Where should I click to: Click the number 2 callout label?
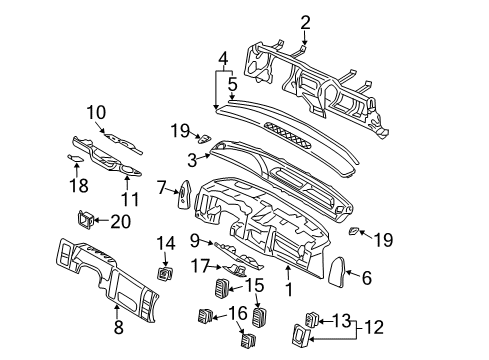click(306, 21)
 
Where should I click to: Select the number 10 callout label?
click(96, 112)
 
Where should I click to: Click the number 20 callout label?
click(121, 221)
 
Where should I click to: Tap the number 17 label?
click(201, 266)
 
